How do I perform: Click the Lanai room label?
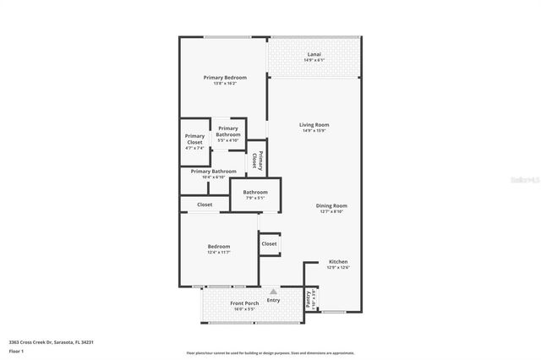click(x=314, y=54)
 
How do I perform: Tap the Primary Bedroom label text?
click(x=225, y=77)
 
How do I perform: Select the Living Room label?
click(x=314, y=124)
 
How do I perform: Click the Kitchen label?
click(x=337, y=261)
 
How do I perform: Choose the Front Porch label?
click(x=244, y=303)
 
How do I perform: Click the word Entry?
click(x=273, y=300)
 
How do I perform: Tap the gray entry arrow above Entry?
click(x=273, y=292)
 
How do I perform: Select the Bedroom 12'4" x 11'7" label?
click(x=219, y=246)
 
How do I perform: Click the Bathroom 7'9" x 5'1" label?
click(x=255, y=192)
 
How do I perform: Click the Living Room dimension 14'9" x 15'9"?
click(x=314, y=130)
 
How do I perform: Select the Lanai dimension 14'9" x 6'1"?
click(x=314, y=60)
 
